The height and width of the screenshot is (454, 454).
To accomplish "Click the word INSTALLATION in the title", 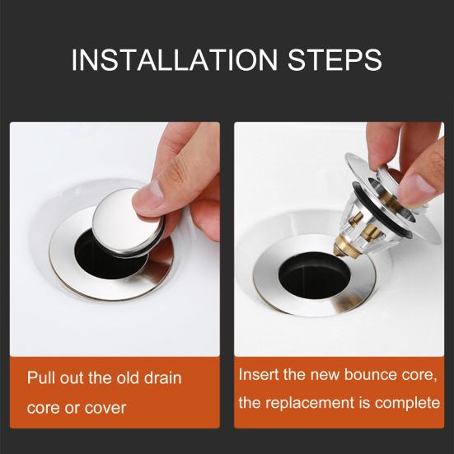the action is [x=175, y=59].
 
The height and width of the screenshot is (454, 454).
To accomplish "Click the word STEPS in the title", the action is [x=335, y=59].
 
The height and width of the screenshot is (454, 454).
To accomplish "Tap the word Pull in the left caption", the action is [x=41, y=377].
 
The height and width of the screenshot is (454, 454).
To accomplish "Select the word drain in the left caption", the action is [x=162, y=377].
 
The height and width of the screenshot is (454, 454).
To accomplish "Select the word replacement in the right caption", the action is [x=310, y=403].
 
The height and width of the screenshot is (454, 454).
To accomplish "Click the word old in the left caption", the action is [x=129, y=377].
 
